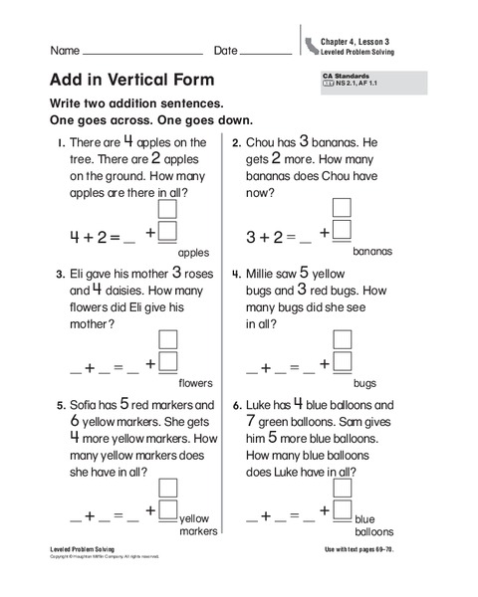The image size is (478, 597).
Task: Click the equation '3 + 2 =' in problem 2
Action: click(x=271, y=237)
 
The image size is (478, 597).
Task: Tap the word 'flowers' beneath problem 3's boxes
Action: click(x=195, y=382)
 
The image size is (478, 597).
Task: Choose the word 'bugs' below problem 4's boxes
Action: click(x=364, y=382)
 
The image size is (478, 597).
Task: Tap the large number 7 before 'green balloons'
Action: click(x=253, y=421)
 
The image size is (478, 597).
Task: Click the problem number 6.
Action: click(x=237, y=406)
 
